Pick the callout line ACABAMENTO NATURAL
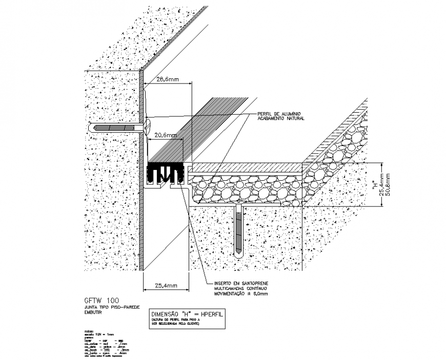(281, 118)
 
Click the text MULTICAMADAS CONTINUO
(236, 289)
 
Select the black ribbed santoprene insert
(165, 174)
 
